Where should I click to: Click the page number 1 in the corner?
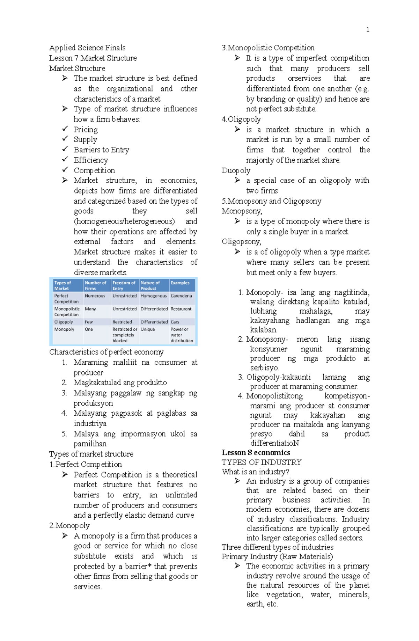point(367,30)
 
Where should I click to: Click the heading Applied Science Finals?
point(87,48)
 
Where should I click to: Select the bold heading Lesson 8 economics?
point(256,453)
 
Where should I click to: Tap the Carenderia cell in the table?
point(181,296)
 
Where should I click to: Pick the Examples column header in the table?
point(180,283)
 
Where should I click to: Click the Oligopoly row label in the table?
point(64,322)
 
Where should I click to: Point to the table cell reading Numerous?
point(95,296)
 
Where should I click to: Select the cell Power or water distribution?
point(182,335)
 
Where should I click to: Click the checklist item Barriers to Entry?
point(101,150)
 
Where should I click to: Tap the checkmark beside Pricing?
point(65,129)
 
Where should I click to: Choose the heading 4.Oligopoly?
point(241,119)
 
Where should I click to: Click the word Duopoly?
point(236,171)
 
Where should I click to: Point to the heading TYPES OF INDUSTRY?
point(261,462)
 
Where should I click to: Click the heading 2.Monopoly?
point(69,526)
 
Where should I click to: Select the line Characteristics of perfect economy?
point(106,352)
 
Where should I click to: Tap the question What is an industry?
point(255,472)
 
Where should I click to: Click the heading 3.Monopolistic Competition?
point(268,48)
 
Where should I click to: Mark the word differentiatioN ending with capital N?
point(274,443)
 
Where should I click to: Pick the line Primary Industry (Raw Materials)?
point(277,557)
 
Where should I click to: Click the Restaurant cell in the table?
point(181,309)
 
